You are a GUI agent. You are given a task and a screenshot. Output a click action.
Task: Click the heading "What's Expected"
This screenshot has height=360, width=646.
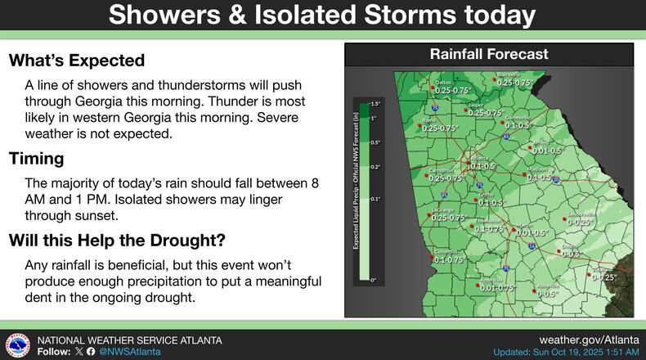(x=77, y=61)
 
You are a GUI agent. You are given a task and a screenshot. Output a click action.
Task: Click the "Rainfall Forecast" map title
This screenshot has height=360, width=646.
(x=489, y=55)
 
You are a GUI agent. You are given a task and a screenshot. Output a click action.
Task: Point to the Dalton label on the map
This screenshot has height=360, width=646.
(x=443, y=83)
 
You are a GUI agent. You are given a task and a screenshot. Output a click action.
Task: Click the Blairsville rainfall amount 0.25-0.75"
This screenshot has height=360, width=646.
(x=514, y=83)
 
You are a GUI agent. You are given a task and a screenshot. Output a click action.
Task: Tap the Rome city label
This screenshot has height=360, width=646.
(x=428, y=120)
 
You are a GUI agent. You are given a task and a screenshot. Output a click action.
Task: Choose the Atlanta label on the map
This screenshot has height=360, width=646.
(x=480, y=157)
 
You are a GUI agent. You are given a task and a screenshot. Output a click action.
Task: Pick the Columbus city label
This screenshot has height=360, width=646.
(x=444, y=252)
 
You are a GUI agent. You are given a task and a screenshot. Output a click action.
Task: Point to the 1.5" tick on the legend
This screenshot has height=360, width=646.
(x=377, y=105)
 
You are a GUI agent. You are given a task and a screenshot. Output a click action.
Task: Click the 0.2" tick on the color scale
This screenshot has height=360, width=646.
(x=376, y=166)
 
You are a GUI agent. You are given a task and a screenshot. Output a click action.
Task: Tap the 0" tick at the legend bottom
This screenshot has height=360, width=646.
(x=375, y=281)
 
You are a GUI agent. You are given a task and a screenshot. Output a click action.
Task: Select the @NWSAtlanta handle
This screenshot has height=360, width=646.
(x=129, y=351)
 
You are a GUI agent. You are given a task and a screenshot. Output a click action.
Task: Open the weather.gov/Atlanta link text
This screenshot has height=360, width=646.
(x=590, y=339)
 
